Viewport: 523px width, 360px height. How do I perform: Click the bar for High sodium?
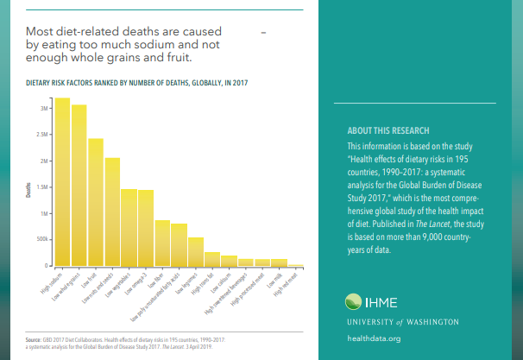[x=62, y=183]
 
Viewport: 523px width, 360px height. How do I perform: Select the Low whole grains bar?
[x=79, y=186]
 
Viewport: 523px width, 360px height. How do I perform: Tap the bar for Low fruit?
[x=95, y=203]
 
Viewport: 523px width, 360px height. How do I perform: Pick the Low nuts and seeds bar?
[x=112, y=213]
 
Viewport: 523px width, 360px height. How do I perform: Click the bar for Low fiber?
[x=162, y=243]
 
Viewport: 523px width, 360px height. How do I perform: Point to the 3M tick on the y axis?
[x=44, y=109]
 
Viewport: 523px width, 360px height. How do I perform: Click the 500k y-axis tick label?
[x=42, y=239]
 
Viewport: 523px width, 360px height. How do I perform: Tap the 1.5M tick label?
[x=42, y=187]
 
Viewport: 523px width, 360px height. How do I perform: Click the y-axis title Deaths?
[x=28, y=190]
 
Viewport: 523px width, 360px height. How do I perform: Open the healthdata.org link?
[x=373, y=338]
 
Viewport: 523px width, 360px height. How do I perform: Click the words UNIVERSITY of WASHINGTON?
[x=401, y=321]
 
